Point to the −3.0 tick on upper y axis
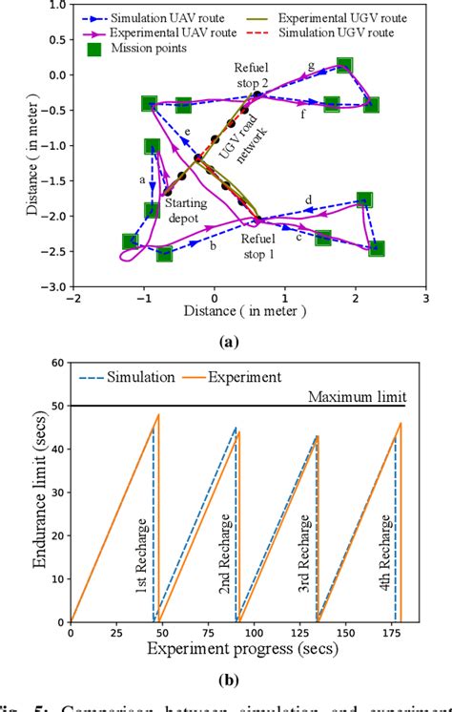point(55,286)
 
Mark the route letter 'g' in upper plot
point(311,66)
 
